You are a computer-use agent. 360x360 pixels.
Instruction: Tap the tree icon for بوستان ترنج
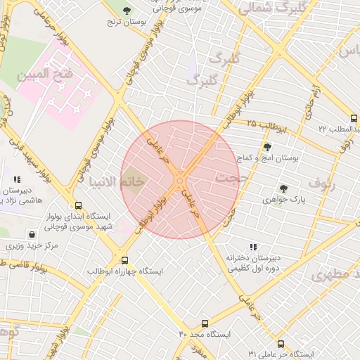click(127, 11)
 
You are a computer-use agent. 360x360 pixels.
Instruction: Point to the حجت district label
click(226, 177)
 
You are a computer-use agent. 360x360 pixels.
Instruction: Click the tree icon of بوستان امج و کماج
click(267, 147)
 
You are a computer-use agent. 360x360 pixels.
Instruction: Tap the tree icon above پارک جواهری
click(283, 188)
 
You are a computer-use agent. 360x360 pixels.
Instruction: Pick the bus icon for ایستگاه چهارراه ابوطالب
click(124, 260)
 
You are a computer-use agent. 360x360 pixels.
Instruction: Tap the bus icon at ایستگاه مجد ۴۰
click(205, 323)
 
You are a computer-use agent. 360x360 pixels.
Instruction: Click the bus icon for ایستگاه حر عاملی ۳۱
click(281, 344)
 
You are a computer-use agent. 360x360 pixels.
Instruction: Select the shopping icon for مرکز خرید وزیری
click(31, 235)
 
